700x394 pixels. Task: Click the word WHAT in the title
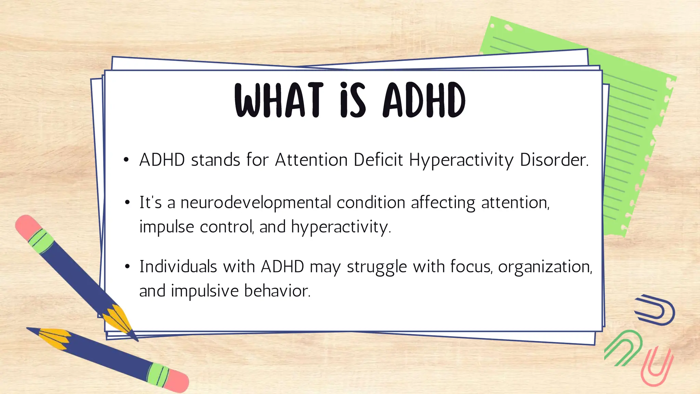pos(279,100)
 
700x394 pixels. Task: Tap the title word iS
pos(352,100)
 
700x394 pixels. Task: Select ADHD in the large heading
pos(424,100)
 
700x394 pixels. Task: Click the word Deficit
pos(378,160)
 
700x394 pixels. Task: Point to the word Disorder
pos(553,160)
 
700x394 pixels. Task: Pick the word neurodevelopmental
pos(256,202)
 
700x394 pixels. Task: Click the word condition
pos(371,202)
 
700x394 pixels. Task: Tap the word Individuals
pos(178,266)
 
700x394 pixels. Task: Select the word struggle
pos(377,267)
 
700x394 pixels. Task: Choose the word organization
pos(544,266)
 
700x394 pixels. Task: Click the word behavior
pos(277,291)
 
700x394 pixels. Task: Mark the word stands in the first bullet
pos(215,160)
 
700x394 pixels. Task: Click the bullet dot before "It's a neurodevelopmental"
pos(127,202)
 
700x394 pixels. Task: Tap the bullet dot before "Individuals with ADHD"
pos(127,266)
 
